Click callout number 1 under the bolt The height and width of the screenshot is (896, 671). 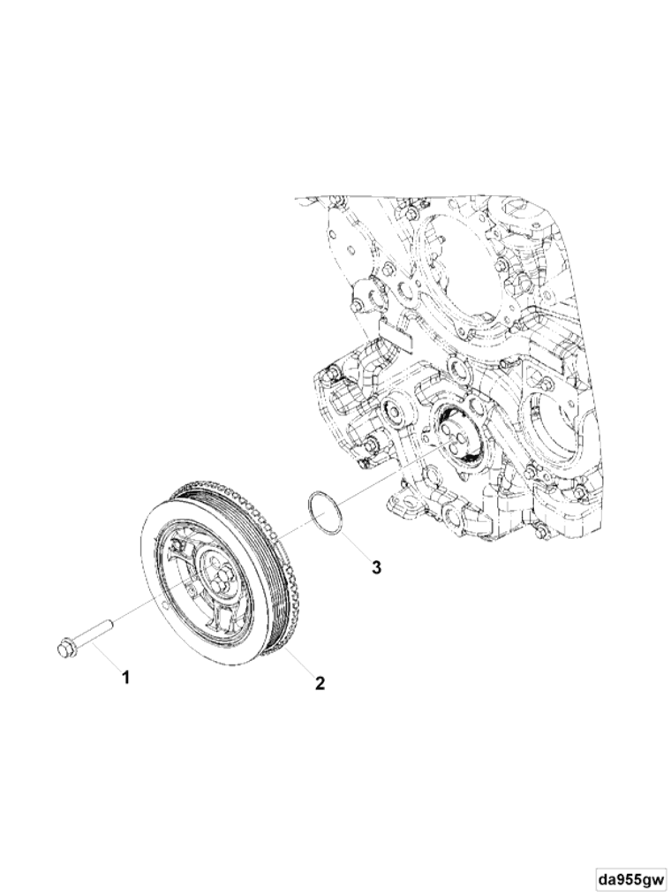tap(125, 679)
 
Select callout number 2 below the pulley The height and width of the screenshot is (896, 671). tap(320, 682)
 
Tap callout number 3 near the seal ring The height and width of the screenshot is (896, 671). tap(376, 567)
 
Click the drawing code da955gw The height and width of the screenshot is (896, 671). tap(630, 877)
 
